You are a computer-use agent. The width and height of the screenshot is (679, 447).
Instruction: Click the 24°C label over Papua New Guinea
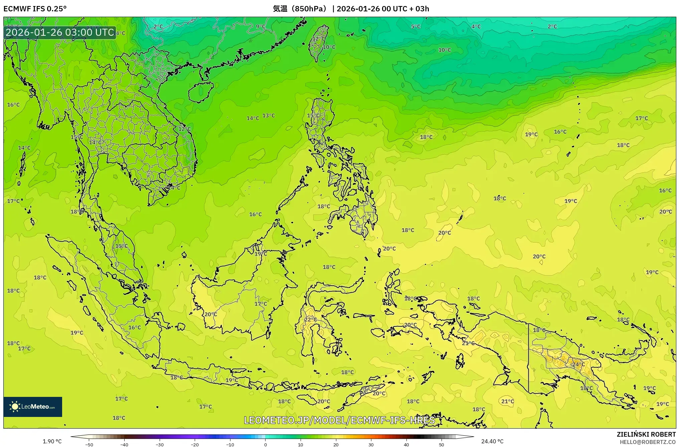(578, 364)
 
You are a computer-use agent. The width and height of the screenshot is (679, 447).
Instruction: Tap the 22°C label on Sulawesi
(310, 319)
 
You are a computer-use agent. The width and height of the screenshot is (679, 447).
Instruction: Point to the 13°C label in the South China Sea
(269, 116)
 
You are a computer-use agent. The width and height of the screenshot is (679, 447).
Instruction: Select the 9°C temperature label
(261, 27)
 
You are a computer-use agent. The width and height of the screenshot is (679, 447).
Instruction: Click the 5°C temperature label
(416, 27)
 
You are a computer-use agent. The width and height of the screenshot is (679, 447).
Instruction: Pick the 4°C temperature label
(476, 27)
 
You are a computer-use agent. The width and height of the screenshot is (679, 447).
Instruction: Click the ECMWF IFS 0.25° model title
(35, 9)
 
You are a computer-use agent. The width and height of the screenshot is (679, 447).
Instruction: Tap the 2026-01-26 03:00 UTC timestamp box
(60, 32)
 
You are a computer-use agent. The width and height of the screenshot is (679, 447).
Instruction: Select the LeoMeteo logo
(33, 407)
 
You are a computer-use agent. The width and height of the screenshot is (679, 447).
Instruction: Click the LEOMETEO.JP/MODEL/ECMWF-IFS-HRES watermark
(339, 420)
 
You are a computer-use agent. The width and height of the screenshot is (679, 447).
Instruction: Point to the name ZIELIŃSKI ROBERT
(646, 434)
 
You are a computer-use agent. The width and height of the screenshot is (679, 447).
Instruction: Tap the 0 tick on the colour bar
(266, 445)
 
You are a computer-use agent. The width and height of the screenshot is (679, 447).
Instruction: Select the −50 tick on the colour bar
(89, 445)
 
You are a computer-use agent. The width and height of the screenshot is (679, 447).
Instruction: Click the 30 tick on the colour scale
(371, 445)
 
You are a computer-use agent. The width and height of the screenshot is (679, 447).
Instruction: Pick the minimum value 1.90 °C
(52, 441)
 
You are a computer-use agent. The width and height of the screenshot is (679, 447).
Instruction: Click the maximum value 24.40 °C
(492, 441)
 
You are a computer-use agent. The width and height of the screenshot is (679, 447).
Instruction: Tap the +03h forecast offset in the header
(422, 9)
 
